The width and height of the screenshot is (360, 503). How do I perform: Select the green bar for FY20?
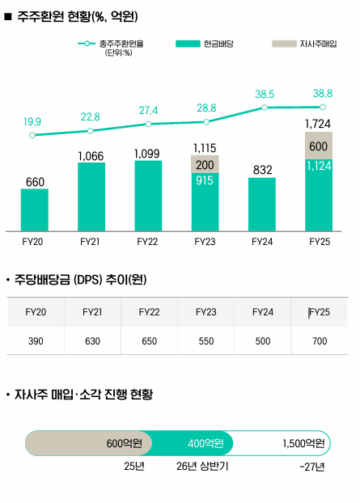(x=35, y=210)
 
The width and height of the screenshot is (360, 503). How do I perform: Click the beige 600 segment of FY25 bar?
(x=319, y=146)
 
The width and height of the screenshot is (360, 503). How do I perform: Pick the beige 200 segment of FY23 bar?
(x=205, y=164)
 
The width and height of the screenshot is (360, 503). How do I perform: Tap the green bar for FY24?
(x=262, y=205)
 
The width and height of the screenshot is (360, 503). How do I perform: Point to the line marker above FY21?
(x=91, y=130)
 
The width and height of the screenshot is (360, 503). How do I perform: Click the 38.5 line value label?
(x=265, y=94)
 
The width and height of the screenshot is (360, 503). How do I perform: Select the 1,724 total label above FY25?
(x=319, y=124)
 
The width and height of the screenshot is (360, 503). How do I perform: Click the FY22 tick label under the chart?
(x=147, y=241)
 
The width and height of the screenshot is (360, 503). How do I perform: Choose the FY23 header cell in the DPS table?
(x=206, y=311)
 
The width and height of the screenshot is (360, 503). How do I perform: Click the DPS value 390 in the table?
(x=36, y=341)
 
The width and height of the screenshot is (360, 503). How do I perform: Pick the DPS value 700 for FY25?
(x=320, y=341)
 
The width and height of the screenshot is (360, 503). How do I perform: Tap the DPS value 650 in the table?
(x=149, y=341)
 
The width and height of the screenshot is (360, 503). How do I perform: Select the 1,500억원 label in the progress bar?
(x=303, y=443)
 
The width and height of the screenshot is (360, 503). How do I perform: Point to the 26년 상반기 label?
(x=202, y=467)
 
